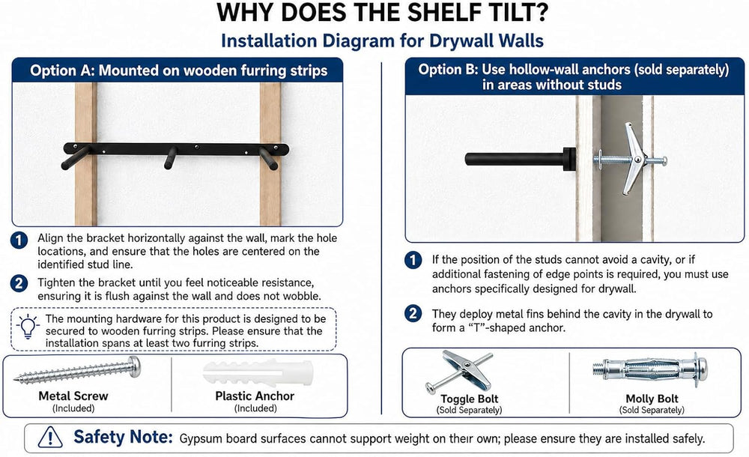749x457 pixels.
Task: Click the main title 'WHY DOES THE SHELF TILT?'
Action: pyautogui.click(x=382, y=13)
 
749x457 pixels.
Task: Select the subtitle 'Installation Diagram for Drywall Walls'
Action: pyautogui.click(x=382, y=40)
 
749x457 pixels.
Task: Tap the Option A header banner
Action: pyautogui.click(x=178, y=70)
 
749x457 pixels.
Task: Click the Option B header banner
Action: pyautogui.click(x=574, y=76)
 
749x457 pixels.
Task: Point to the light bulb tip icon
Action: pyautogui.click(x=28, y=327)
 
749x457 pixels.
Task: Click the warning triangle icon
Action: pyautogui.click(x=49, y=437)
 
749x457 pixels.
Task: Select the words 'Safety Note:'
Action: pyautogui.click(x=123, y=437)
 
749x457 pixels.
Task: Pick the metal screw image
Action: pyautogui.click(x=78, y=370)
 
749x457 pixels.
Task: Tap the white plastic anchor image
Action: pyautogui.click(x=258, y=373)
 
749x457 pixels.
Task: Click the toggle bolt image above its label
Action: pyautogui.click(x=459, y=372)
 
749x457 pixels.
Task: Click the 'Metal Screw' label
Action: pyautogui.click(x=73, y=396)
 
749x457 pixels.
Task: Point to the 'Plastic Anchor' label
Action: pyautogui.click(x=255, y=396)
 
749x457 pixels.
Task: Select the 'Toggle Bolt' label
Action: pyautogui.click(x=469, y=399)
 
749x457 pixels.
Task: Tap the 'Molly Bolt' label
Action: pyautogui.click(x=652, y=399)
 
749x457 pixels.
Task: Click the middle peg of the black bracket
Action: pyautogui.click(x=170, y=158)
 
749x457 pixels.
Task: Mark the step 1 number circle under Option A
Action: pyautogui.click(x=19, y=240)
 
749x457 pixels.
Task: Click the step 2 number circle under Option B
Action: pyautogui.click(x=413, y=314)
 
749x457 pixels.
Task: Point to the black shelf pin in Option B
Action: pyautogui.click(x=521, y=159)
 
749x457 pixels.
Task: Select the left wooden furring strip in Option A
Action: pyautogui.click(x=86, y=154)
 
